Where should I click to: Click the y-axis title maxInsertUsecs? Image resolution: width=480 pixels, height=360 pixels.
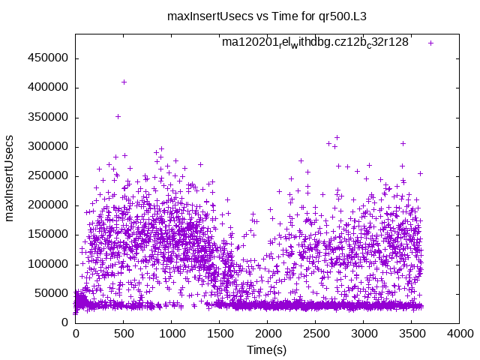(x=10, y=178)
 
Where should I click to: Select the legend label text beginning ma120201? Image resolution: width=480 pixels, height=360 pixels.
(x=315, y=43)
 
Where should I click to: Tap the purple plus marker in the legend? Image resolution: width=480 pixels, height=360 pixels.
(x=430, y=43)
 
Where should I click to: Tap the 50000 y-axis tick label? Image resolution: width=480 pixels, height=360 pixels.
(x=52, y=293)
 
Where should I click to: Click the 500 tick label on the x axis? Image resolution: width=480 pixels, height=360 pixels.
(x=123, y=333)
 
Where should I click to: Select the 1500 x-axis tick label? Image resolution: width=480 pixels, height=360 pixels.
(x=219, y=333)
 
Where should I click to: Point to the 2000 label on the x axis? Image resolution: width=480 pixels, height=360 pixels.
(x=267, y=333)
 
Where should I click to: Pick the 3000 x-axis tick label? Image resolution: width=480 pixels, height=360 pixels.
(x=363, y=333)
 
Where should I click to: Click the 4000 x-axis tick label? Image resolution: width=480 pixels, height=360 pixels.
(x=459, y=333)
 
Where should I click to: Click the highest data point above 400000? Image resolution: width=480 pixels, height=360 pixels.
(x=124, y=82)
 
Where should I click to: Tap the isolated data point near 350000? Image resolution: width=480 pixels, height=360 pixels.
(x=118, y=116)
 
